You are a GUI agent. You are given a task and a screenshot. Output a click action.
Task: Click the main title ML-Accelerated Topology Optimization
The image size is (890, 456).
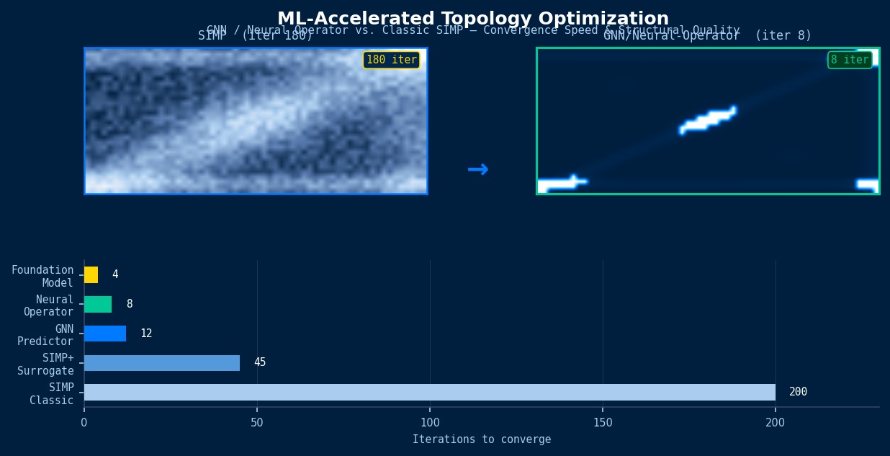coord(473,19)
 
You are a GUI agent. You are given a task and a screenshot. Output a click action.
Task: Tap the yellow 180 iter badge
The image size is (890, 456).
coord(391,60)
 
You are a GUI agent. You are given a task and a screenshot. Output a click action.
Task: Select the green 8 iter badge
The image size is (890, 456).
coord(850,60)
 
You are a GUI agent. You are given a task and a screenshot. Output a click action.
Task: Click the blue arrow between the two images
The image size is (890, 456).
coord(477,170)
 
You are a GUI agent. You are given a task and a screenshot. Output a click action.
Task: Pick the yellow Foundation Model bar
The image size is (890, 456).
coord(91,274)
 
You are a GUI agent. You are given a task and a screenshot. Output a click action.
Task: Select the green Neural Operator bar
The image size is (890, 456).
coord(98,304)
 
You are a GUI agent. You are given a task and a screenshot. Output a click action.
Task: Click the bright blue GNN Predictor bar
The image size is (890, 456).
coord(105,334)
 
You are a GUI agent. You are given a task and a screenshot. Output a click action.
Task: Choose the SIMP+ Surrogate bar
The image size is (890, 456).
coord(162,363)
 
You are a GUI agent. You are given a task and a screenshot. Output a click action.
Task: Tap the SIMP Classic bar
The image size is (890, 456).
coord(430,392)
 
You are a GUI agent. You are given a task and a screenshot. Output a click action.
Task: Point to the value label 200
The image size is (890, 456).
coord(798,392)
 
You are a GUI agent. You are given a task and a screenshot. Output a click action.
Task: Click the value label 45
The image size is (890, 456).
coord(260,362)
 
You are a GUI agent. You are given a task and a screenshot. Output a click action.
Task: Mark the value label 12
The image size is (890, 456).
coord(146,334)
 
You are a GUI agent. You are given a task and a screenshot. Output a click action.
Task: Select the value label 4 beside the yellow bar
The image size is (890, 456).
coord(115,274)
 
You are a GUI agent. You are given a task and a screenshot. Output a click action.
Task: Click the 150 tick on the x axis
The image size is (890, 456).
coord(603,423)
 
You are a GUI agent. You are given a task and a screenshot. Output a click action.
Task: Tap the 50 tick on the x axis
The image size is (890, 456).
coord(257,423)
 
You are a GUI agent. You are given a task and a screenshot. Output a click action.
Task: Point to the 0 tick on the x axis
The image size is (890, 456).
coord(84,423)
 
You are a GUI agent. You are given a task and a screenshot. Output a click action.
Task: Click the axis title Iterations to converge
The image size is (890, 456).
coord(482,439)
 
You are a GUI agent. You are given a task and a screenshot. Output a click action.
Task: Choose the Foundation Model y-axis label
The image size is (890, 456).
coord(42,277)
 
